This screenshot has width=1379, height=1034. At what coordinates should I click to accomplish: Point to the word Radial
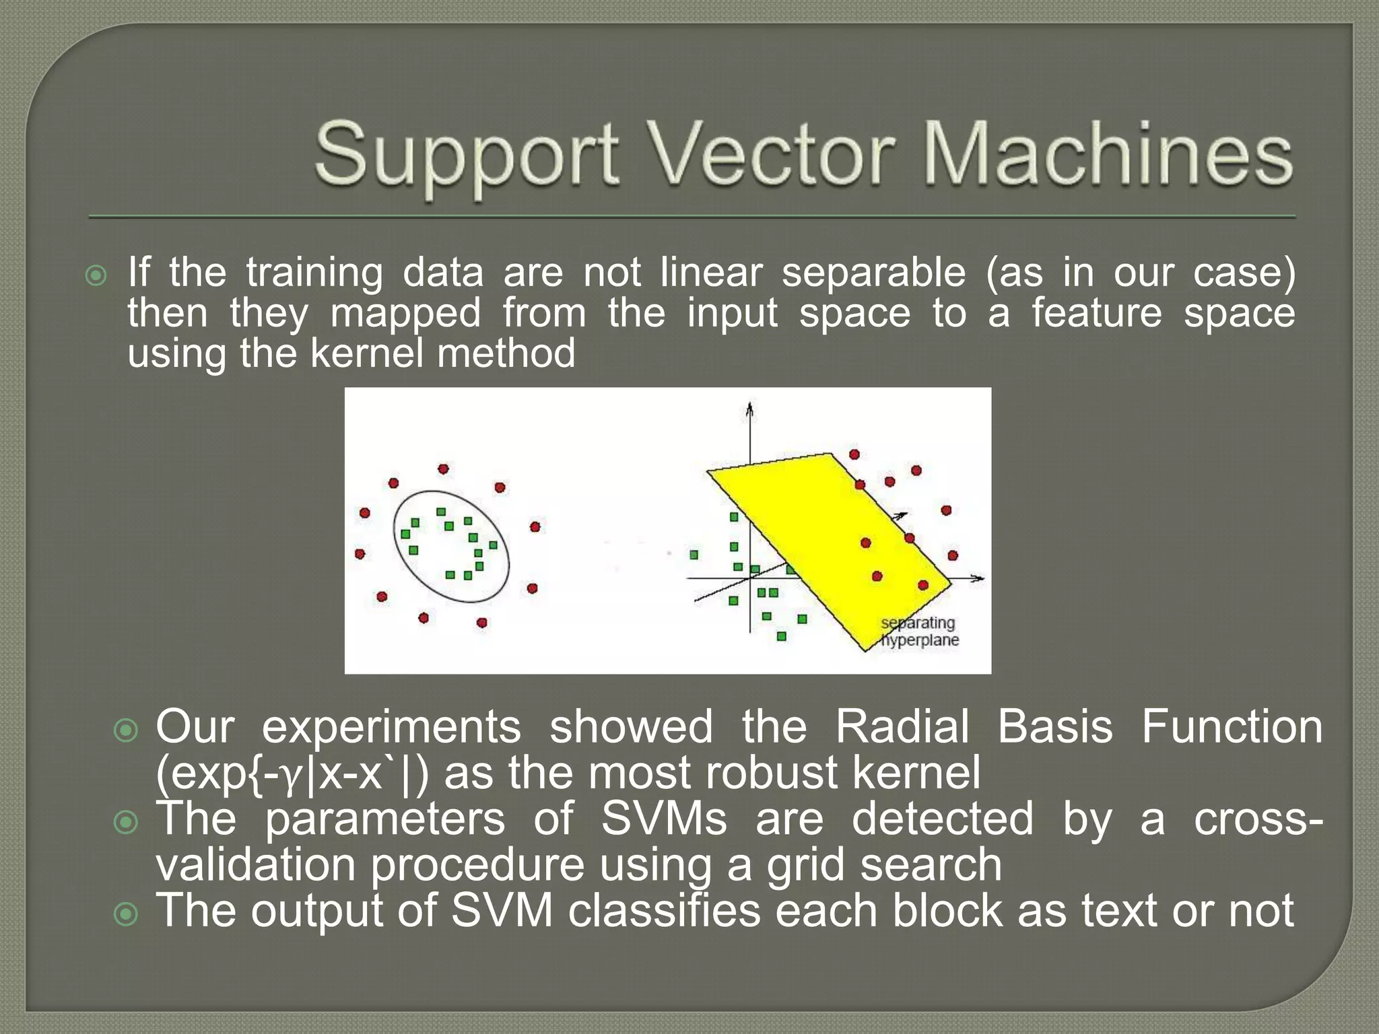(x=902, y=727)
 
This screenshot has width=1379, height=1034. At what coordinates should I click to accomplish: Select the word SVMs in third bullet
(x=663, y=819)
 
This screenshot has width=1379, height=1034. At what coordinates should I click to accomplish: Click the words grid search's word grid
(x=805, y=866)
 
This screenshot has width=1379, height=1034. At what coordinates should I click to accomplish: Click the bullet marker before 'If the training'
(x=96, y=275)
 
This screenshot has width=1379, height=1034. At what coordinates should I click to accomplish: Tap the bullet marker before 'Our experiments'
(x=126, y=730)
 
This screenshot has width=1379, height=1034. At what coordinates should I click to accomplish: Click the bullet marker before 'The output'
(x=126, y=914)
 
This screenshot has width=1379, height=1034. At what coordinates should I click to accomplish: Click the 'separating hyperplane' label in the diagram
(x=920, y=631)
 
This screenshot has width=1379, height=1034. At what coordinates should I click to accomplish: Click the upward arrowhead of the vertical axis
(x=749, y=408)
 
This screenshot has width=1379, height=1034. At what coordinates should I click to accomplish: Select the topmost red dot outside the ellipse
(x=443, y=469)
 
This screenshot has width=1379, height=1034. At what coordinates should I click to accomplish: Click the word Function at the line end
(x=1232, y=727)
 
